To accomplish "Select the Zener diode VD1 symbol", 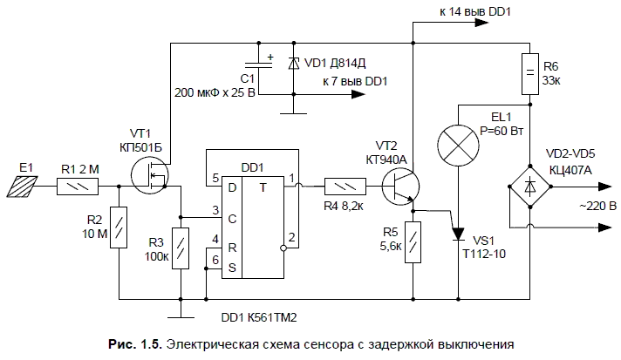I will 294,63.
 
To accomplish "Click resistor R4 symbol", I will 343,186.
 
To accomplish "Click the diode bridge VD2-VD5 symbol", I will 529,185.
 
